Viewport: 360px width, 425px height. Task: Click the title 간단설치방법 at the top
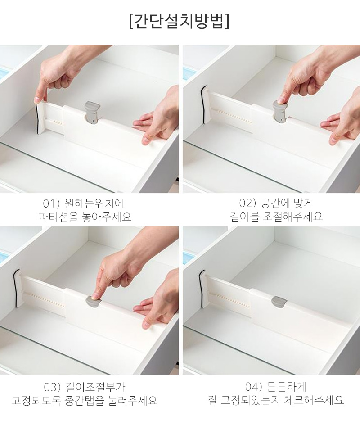tap(180, 21)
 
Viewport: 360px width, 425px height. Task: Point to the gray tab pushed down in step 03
tap(94, 301)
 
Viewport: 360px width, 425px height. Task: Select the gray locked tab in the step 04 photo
tap(279, 301)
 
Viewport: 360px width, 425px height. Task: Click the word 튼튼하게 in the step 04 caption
tap(287, 386)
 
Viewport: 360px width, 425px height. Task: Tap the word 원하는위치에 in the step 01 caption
tap(94, 203)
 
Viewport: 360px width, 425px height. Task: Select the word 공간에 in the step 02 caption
tap(274, 203)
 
